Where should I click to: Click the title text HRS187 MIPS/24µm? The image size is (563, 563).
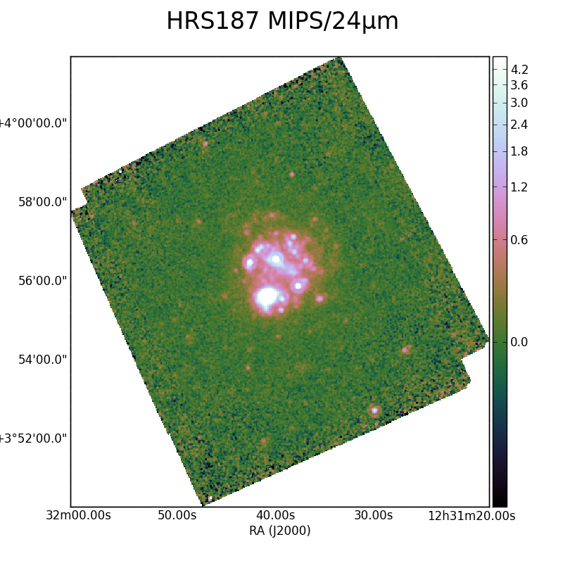click(x=283, y=21)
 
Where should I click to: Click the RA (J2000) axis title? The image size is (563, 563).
click(x=279, y=531)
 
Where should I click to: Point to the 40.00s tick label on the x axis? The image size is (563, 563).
click(x=275, y=516)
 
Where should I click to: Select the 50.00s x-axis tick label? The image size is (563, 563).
click(x=177, y=516)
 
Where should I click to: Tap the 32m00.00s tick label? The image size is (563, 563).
click(x=78, y=516)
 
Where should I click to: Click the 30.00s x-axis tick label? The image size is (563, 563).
click(x=374, y=516)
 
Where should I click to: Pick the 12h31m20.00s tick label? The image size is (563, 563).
click(x=472, y=516)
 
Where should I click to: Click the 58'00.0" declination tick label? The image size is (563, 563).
click(x=42, y=202)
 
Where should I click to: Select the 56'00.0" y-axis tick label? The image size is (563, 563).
click(x=42, y=281)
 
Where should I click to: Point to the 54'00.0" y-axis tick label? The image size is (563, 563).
click(x=42, y=360)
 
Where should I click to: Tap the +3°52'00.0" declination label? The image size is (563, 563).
click(x=33, y=438)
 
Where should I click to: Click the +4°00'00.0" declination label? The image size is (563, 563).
click(x=33, y=124)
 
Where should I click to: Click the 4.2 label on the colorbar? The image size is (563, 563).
click(x=519, y=69)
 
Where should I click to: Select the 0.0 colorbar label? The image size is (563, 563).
click(x=519, y=342)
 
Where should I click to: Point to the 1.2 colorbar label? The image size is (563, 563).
click(x=519, y=187)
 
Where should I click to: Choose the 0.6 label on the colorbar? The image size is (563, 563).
click(x=519, y=240)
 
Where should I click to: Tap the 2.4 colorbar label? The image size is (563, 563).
click(x=519, y=125)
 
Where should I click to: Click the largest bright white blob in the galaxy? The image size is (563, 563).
click(x=267, y=297)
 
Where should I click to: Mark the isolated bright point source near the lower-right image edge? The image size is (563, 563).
click(x=374, y=410)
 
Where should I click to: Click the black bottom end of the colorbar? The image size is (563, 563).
click(x=500, y=502)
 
